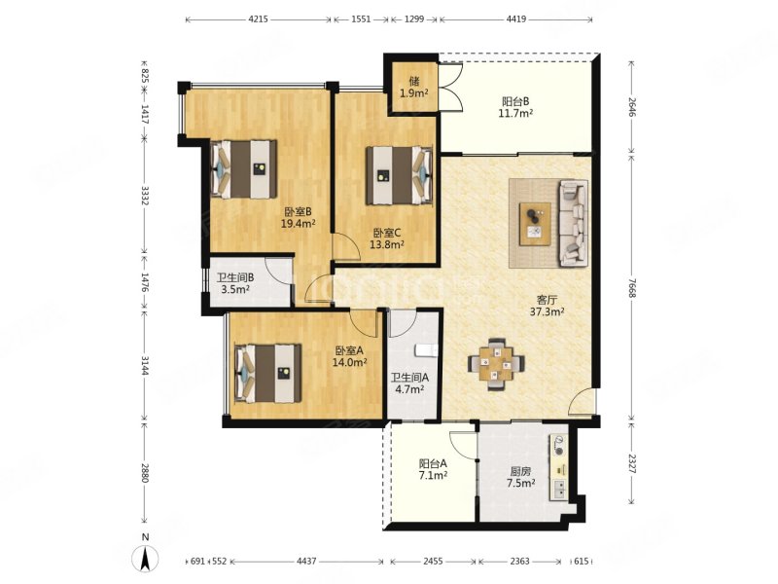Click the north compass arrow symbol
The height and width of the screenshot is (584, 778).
(145, 558)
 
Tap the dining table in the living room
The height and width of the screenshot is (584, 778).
(496, 364)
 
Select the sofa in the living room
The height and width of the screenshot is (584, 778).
(573, 223)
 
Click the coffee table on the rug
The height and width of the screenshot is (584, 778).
(535, 224)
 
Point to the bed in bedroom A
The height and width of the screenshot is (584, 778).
(268, 373)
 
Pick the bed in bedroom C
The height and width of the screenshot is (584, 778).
(400, 175)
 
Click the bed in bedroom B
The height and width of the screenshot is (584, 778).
(244, 169)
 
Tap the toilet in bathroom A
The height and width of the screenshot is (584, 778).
(426, 350)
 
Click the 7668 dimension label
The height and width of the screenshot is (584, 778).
(631, 287)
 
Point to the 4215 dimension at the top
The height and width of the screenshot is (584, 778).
(258, 19)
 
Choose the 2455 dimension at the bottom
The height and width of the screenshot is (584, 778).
(433, 562)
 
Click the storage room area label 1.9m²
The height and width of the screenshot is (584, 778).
(414, 93)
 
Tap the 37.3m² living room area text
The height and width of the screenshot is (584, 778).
(548, 311)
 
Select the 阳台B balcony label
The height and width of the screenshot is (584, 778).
(516, 101)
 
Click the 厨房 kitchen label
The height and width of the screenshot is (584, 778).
(520, 472)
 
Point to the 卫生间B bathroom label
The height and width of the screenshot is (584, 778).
(235, 277)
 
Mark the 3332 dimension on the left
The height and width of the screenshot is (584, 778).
(144, 197)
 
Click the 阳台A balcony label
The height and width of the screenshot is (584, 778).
(433, 463)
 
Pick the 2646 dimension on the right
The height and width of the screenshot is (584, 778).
(631, 107)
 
